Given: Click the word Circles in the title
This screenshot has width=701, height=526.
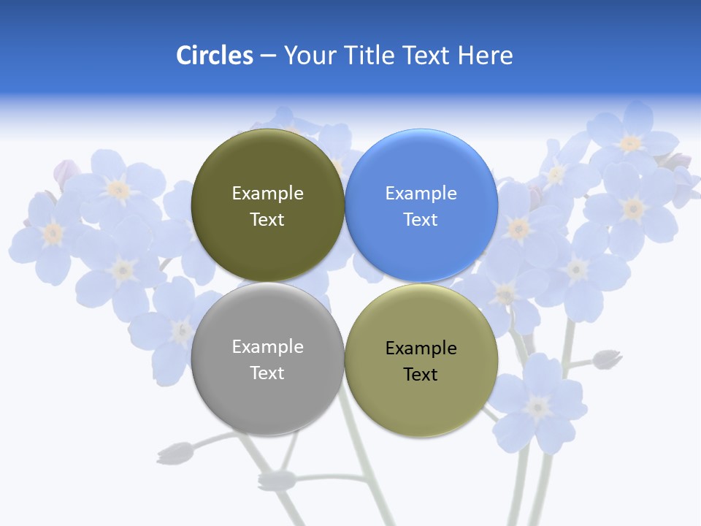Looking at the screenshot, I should click(x=215, y=56).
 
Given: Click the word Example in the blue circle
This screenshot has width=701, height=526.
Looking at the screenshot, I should click(x=421, y=194).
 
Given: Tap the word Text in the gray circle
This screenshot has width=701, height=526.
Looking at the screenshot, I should click(x=267, y=373).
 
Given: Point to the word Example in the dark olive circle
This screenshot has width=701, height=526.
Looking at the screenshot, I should click(x=267, y=194).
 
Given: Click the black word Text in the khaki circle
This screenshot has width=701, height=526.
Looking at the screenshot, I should click(x=421, y=375).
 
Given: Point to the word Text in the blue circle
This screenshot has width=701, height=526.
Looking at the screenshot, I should click(x=421, y=220).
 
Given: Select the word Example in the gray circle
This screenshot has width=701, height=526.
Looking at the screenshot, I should click(x=267, y=347).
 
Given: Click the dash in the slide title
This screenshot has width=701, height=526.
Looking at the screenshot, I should click(x=268, y=56).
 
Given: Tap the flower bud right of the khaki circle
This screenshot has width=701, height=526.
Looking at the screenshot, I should click(x=607, y=359).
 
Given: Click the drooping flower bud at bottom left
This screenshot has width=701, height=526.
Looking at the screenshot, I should click(x=175, y=453).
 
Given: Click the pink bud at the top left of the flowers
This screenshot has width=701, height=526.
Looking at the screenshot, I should click(x=66, y=173).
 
